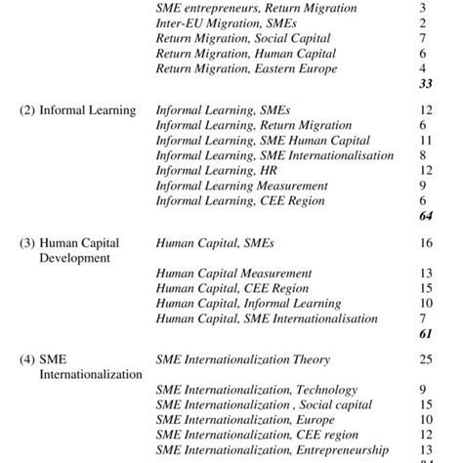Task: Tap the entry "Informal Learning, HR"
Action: tap(217, 170)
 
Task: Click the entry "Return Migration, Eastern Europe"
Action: tap(246, 69)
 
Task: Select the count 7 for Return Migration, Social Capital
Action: tap(422, 38)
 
